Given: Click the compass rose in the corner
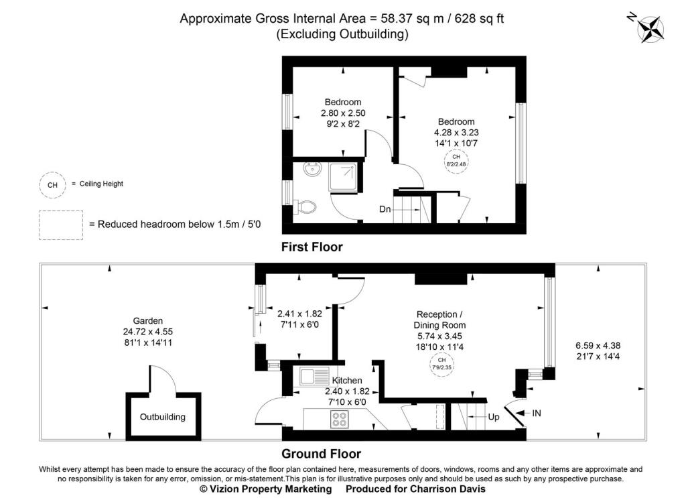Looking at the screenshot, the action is tap(650, 29).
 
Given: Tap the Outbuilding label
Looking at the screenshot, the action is tap(162, 417).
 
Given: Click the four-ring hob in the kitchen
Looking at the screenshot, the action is tap(340, 419).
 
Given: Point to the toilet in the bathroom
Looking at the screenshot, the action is tap(305, 207).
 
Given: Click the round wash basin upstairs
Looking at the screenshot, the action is tap(312, 170).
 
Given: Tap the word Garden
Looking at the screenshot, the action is tap(148, 321).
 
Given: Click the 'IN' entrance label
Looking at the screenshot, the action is tap(537, 413).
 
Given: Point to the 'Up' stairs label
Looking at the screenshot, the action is tap(494, 417).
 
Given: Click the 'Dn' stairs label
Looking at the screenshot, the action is tap(385, 209).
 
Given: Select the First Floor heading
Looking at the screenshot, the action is tap(312, 247).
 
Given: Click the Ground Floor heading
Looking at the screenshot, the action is tap(321, 454).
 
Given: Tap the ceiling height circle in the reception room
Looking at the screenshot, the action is tap(441, 365).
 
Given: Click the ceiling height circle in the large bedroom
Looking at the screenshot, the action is tap(456, 161).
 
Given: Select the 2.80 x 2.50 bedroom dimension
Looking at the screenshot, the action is tap(343, 113).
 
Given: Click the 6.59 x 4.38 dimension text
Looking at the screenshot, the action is tap(598, 345).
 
